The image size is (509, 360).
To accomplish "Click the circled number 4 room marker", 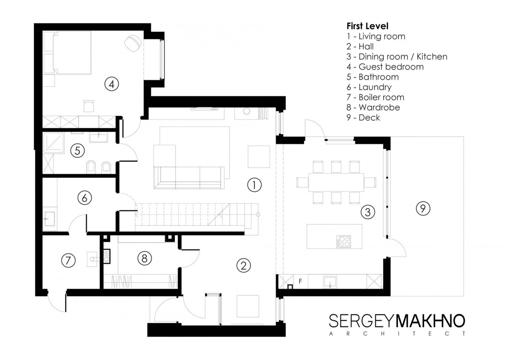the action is point(112,84).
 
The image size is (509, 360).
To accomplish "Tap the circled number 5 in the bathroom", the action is point(77,151).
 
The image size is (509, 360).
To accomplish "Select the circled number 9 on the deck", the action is point(423,208).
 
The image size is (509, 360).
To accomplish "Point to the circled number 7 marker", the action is point(68,260).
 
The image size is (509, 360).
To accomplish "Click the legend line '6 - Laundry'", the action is point(369,87).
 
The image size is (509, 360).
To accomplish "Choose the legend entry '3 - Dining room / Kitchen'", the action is point(397,57).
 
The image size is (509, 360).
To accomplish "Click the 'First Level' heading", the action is point(367,26).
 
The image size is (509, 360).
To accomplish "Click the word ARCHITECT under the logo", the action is point(397,334).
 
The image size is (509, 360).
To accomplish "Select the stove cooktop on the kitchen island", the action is point(343,241).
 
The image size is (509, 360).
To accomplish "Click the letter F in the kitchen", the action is point(300,281).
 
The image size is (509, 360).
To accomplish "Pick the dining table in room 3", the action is point(336,182).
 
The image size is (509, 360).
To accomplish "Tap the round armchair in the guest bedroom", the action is point(133,43).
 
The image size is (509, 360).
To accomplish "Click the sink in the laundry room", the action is point(50,219).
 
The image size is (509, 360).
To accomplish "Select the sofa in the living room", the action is point(189,178).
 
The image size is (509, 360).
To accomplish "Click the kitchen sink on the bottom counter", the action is point(330,282).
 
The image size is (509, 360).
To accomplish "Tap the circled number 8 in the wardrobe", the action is point(144,259).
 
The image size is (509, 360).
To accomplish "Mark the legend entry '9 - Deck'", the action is point(363,117).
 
